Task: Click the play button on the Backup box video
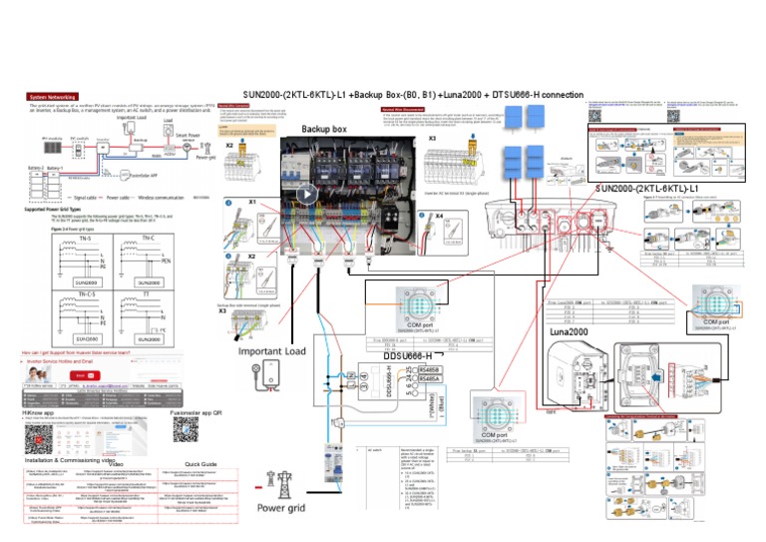click(308, 194)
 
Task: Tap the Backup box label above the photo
click(324, 130)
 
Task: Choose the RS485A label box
click(430, 379)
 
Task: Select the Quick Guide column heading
click(201, 463)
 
